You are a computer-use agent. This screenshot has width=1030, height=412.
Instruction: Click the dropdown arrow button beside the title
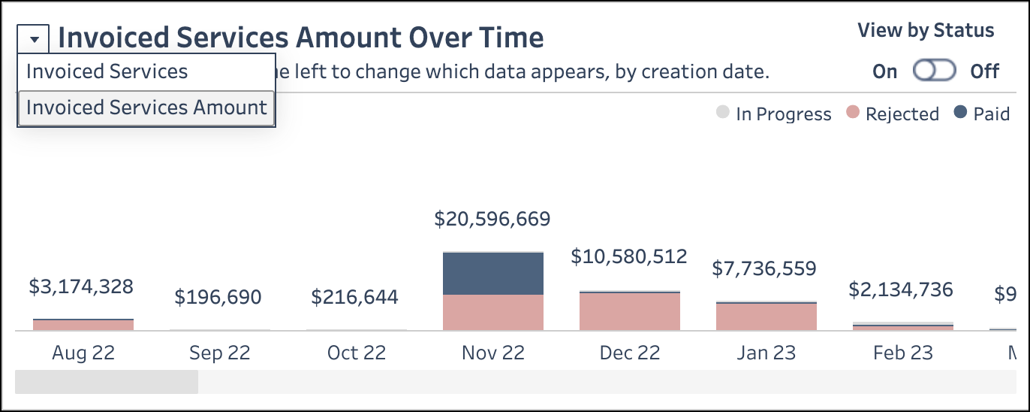coord(34,38)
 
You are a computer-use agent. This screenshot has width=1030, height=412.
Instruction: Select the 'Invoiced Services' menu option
coord(107,72)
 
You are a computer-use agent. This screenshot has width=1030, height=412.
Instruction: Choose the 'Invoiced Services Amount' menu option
coord(146,108)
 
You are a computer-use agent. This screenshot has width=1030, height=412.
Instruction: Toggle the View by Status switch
coord(934,71)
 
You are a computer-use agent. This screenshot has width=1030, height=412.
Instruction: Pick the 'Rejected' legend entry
coord(893,114)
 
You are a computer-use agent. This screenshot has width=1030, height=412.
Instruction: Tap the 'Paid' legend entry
coord(982,114)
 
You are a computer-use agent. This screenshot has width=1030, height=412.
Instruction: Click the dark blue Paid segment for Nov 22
coord(492,274)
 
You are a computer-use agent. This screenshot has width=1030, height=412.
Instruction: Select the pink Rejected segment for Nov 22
coord(492,312)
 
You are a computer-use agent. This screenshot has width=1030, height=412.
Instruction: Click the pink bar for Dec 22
coord(629,311)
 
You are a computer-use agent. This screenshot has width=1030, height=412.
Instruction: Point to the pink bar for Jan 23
coord(766,317)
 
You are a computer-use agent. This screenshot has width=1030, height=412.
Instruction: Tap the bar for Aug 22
coord(83,325)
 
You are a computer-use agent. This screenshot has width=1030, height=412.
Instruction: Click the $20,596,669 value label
coord(492,220)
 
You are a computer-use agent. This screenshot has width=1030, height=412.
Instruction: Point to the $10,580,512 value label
coord(629,257)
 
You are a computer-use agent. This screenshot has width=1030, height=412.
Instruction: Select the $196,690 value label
coord(218,297)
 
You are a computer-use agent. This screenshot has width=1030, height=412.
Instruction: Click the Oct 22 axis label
coord(356,353)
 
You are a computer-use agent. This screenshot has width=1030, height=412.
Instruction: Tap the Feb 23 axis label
coord(902,353)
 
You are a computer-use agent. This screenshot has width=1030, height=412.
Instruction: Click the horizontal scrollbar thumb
coord(107,381)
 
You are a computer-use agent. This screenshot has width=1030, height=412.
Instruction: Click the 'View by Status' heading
coord(926,31)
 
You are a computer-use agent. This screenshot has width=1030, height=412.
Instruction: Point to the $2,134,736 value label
coord(901,289)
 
